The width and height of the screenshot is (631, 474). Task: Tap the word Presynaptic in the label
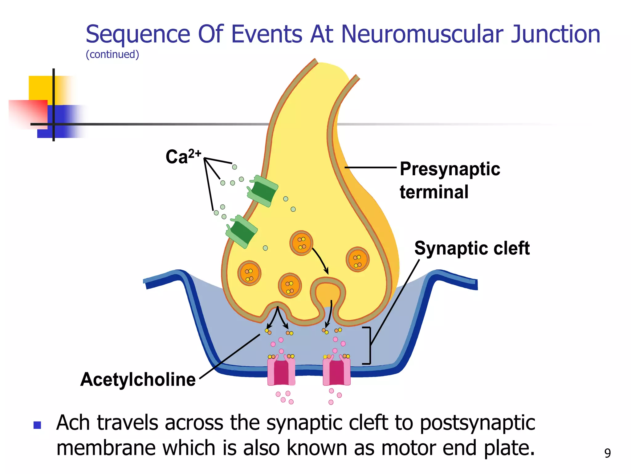click(x=450, y=169)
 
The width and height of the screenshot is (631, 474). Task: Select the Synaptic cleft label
click(x=472, y=248)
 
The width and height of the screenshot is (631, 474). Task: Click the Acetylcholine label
click(x=138, y=379)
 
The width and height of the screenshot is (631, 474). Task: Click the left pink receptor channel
click(x=281, y=371)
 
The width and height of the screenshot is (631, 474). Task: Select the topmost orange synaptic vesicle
click(x=301, y=243)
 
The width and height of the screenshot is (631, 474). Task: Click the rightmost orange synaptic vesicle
click(x=357, y=259)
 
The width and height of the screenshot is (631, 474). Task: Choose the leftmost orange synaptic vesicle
click(x=249, y=273)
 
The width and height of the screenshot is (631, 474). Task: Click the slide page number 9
click(x=607, y=453)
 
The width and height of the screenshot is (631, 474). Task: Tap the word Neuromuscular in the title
click(x=422, y=34)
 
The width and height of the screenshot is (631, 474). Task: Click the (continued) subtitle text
click(x=112, y=54)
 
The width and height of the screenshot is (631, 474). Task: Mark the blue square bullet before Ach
click(x=37, y=425)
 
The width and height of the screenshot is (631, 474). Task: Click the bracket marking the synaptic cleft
click(x=368, y=345)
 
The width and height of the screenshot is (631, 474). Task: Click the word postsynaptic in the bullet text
click(x=477, y=422)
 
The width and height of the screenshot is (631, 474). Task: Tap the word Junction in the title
click(x=555, y=34)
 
